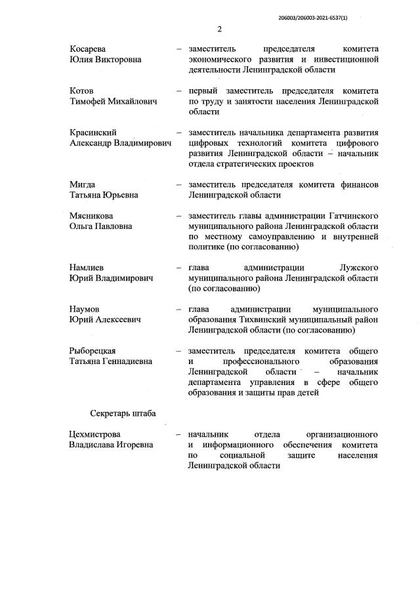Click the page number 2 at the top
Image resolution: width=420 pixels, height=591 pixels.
220,30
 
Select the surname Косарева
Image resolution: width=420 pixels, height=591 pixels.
88,49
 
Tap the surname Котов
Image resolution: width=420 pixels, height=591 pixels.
82,91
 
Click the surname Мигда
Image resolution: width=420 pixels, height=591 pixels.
82,184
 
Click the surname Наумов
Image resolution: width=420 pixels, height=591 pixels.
86,309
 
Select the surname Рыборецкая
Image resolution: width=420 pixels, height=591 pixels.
97,350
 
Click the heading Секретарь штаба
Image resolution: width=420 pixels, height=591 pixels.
123,413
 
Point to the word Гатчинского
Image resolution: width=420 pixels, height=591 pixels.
354,215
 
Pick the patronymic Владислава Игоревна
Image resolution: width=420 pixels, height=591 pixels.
111,445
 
